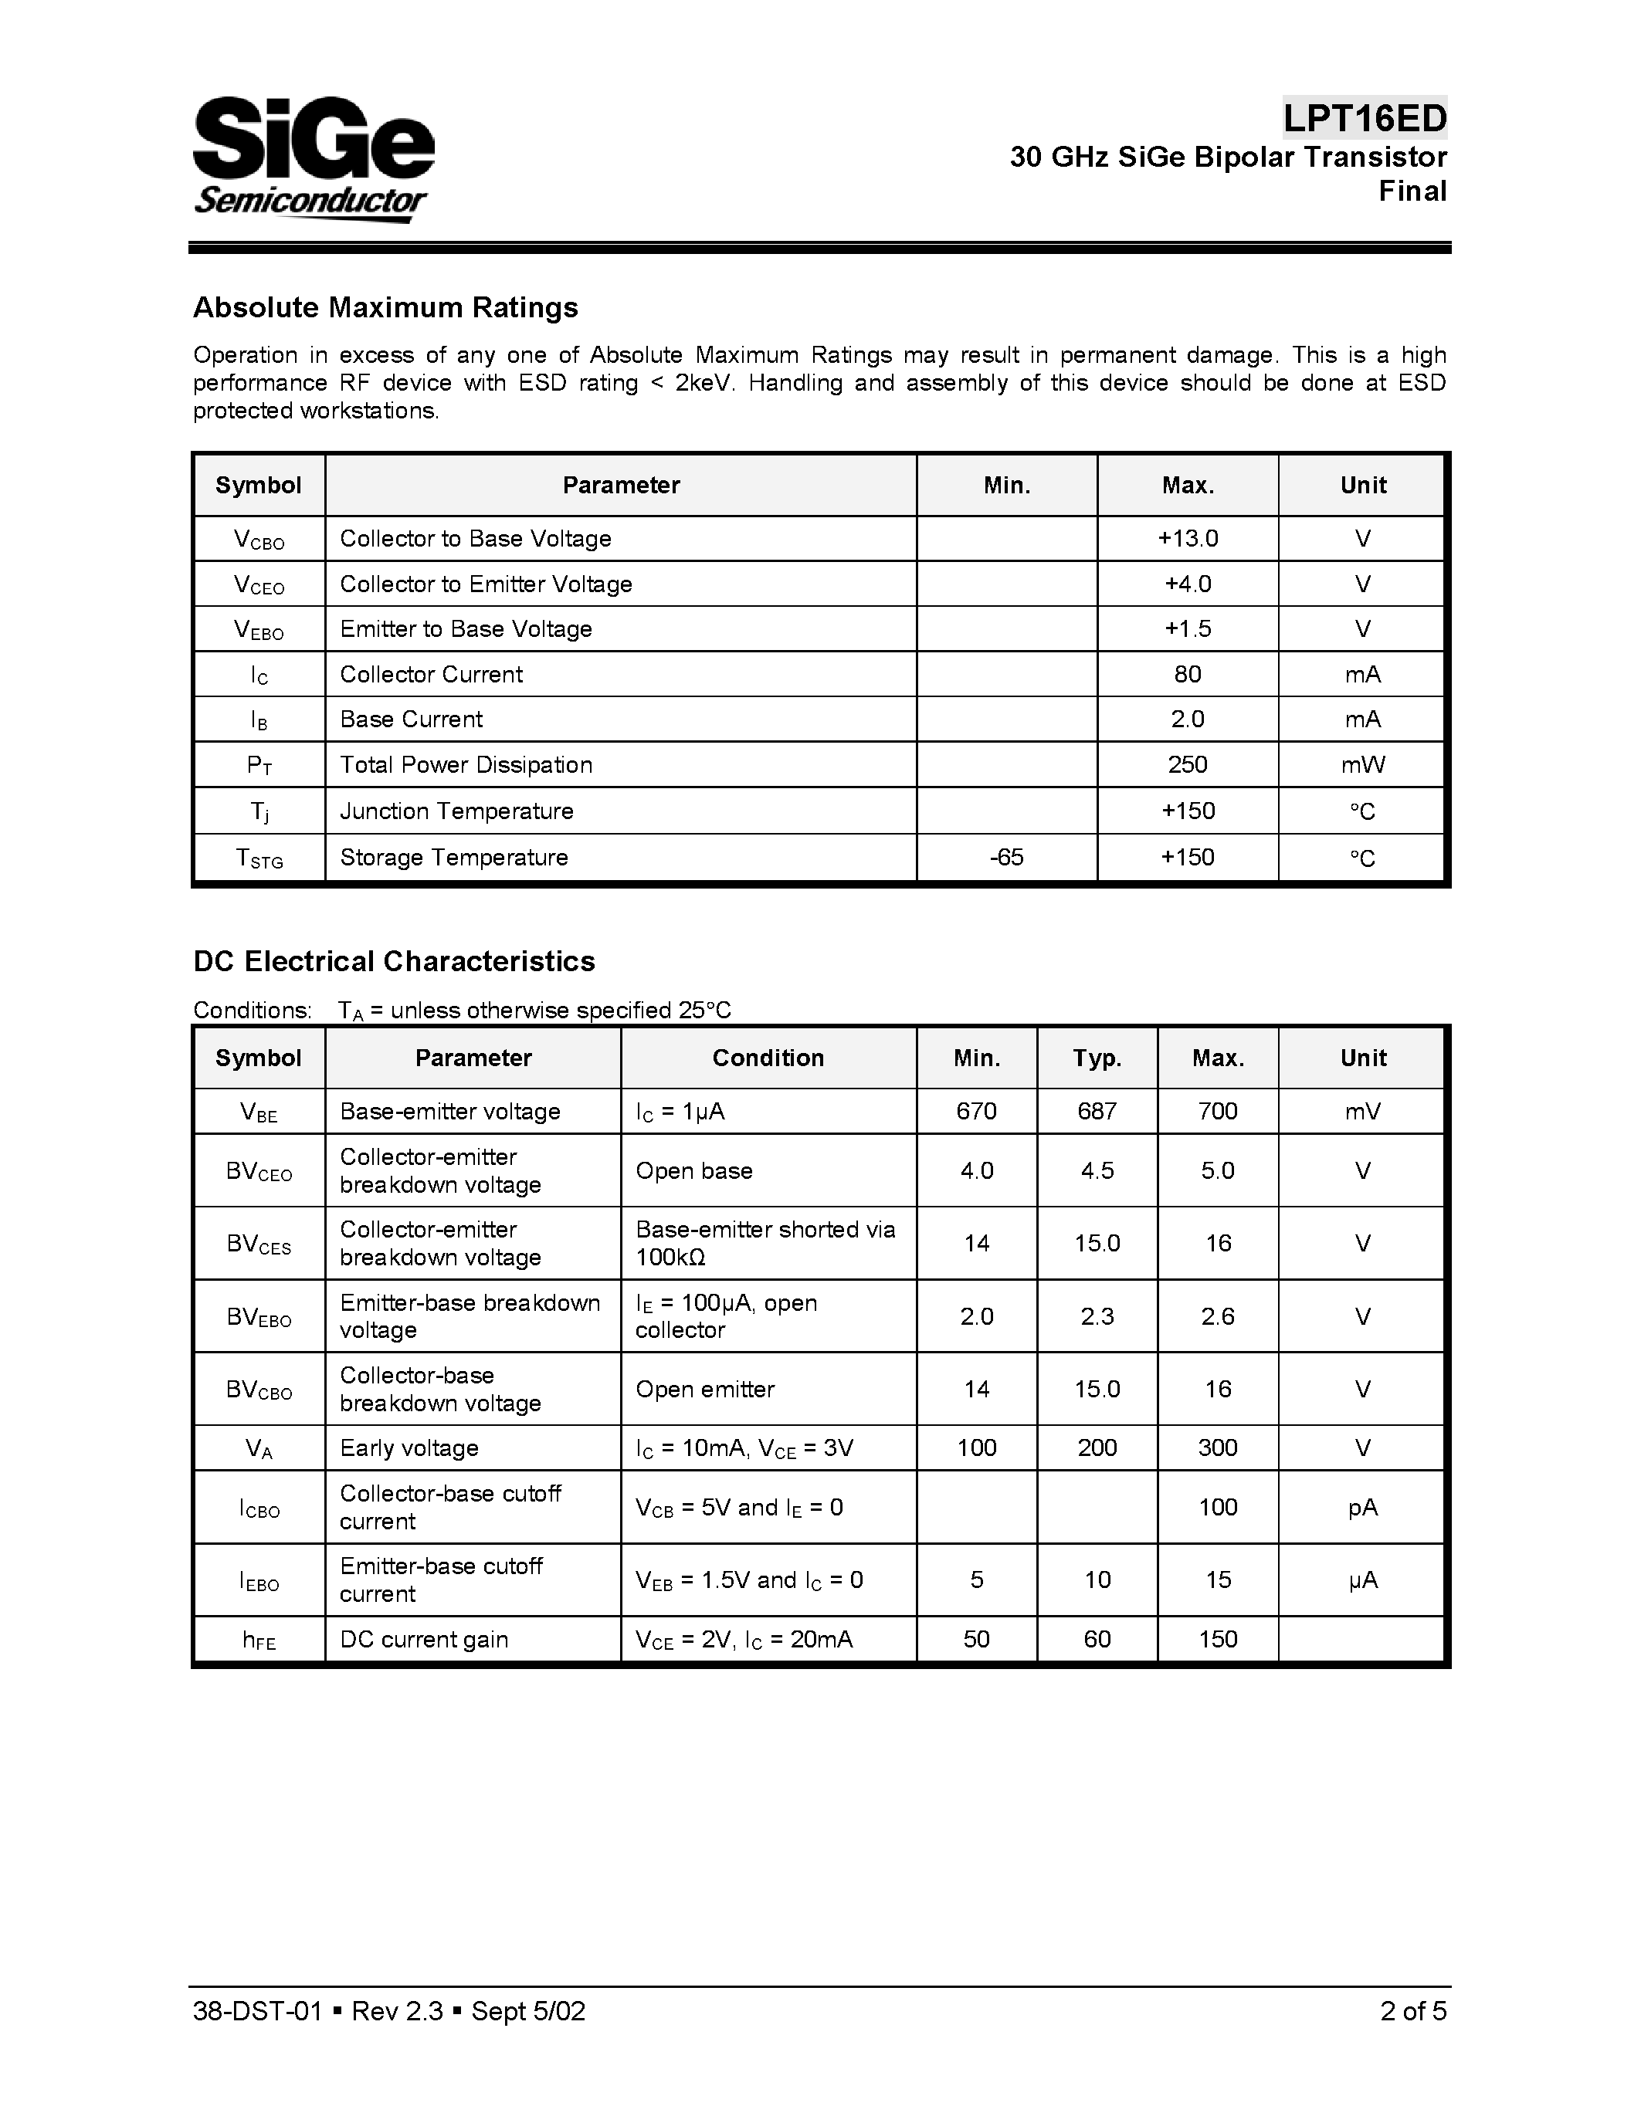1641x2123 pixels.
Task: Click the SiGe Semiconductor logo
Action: click(x=313, y=158)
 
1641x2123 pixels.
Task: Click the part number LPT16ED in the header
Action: click(x=1364, y=119)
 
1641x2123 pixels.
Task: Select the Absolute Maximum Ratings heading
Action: click(x=385, y=307)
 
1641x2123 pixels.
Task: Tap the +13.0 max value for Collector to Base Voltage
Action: click(x=1187, y=539)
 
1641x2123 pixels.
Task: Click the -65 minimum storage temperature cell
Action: click(x=1006, y=858)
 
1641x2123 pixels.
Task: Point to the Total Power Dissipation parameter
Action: click(x=466, y=765)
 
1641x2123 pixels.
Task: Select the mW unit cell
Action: click(x=1362, y=765)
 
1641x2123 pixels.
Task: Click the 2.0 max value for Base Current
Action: click(x=1187, y=720)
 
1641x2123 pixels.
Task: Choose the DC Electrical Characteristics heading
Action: click(x=394, y=961)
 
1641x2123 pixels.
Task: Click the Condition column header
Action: click(x=768, y=1058)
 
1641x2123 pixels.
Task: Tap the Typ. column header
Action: click(x=1097, y=1058)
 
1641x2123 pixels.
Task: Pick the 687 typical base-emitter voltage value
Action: click(x=1097, y=1111)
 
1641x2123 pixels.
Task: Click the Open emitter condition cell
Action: click(x=705, y=1389)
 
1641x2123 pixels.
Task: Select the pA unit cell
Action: click(x=1362, y=1507)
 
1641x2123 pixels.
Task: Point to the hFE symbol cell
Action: click(x=259, y=1640)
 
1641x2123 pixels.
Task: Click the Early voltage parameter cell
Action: click(x=409, y=1448)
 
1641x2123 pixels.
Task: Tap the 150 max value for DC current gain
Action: click(x=1217, y=1640)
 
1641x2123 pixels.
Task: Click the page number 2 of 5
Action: click(x=1412, y=2011)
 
